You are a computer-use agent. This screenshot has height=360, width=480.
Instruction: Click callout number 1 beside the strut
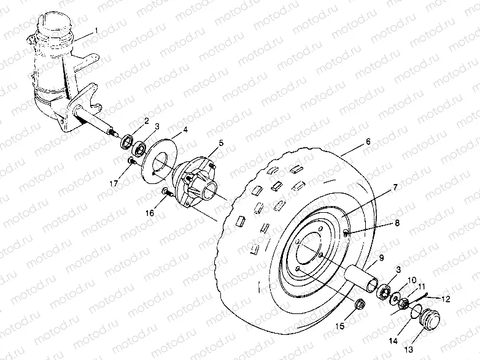tap(96, 31)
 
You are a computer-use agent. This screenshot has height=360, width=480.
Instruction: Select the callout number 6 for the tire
tap(368, 141)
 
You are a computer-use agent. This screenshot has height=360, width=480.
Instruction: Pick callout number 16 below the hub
tap(149, 213)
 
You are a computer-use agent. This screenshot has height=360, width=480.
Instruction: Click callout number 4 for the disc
tap(185, 131)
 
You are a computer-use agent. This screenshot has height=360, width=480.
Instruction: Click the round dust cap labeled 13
tap(427, 321)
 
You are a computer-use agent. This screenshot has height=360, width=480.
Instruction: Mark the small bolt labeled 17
tap(131, 161)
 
